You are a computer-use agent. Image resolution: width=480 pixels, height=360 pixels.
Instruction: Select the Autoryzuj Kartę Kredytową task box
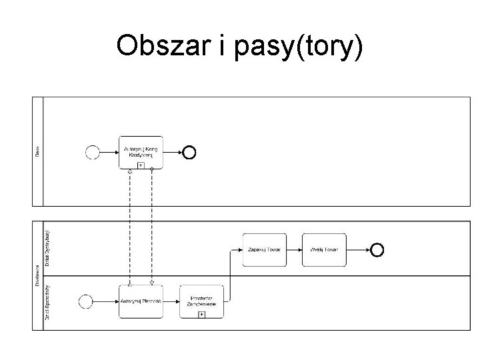[x=141, y=151]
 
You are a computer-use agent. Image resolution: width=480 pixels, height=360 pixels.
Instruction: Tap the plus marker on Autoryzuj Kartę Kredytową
[x=141, y=164]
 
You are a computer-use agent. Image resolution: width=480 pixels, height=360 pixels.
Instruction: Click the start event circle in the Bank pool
[x=93, y=153]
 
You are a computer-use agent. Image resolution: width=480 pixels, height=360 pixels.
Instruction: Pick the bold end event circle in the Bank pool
[x=189, y=153]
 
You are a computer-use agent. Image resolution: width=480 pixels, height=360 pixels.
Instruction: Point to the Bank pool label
[x=37, y=152]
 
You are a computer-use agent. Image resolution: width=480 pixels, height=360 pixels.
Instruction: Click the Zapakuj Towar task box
[x=265, y=249]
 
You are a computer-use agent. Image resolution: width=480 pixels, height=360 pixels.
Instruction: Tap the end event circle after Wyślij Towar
[x=377, y=249]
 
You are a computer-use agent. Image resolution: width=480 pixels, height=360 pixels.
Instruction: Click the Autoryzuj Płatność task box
[x=141, y=301]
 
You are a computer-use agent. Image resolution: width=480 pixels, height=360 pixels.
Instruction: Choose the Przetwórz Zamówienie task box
[x=201, y=301]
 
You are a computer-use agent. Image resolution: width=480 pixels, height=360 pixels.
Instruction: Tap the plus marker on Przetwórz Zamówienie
[x=201, y=313]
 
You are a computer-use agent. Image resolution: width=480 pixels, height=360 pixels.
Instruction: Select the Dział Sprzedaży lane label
[x=47, y=303]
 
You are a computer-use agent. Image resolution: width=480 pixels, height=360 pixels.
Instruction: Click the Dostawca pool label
[x=37, y=275]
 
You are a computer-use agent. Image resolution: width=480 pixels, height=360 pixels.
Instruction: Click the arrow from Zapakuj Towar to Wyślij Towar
[x=294, y=249]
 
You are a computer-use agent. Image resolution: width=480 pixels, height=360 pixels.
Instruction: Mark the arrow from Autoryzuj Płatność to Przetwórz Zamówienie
[x=171, y=301]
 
